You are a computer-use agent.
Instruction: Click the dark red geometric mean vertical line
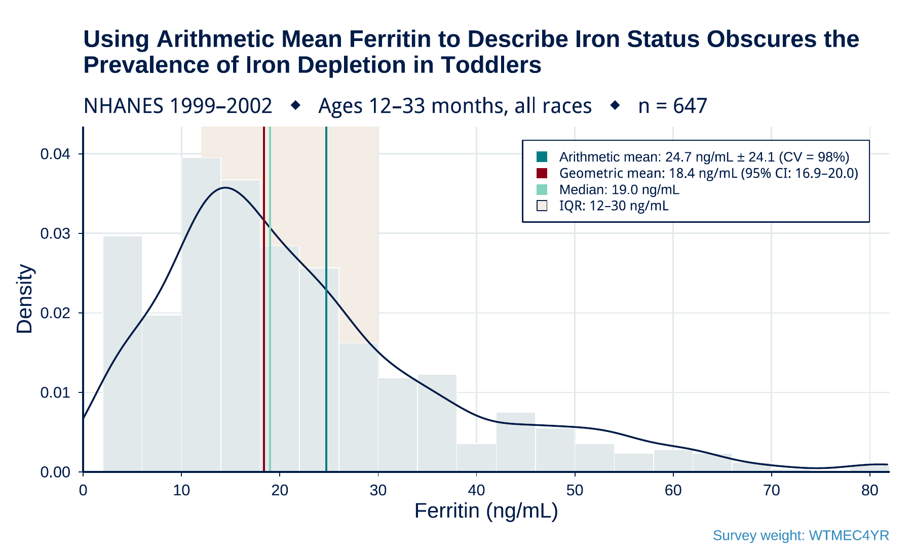coord(264,304)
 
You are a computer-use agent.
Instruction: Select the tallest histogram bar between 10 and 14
coord(201,314)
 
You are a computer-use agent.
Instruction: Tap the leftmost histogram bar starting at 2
coord(123,354)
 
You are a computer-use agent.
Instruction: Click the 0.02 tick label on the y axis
coord(55,313)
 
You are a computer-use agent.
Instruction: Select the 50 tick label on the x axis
coord(575,491)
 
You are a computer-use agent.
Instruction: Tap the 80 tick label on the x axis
coord(869,491)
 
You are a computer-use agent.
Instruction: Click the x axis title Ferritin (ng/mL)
coord(486,511)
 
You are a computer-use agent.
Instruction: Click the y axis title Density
coord(24,299)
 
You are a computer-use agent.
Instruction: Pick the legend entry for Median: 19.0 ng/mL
coord(619,190)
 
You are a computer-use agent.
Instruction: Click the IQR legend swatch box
coord(542,206)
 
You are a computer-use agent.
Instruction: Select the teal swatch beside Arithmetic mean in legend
coord(542,157)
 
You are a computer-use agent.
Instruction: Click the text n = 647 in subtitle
coord(672,106)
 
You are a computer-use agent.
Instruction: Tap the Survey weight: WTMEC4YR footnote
coord(801,536)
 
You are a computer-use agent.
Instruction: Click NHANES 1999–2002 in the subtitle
coord(177,106)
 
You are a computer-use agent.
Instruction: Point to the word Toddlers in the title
coord(491,65)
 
